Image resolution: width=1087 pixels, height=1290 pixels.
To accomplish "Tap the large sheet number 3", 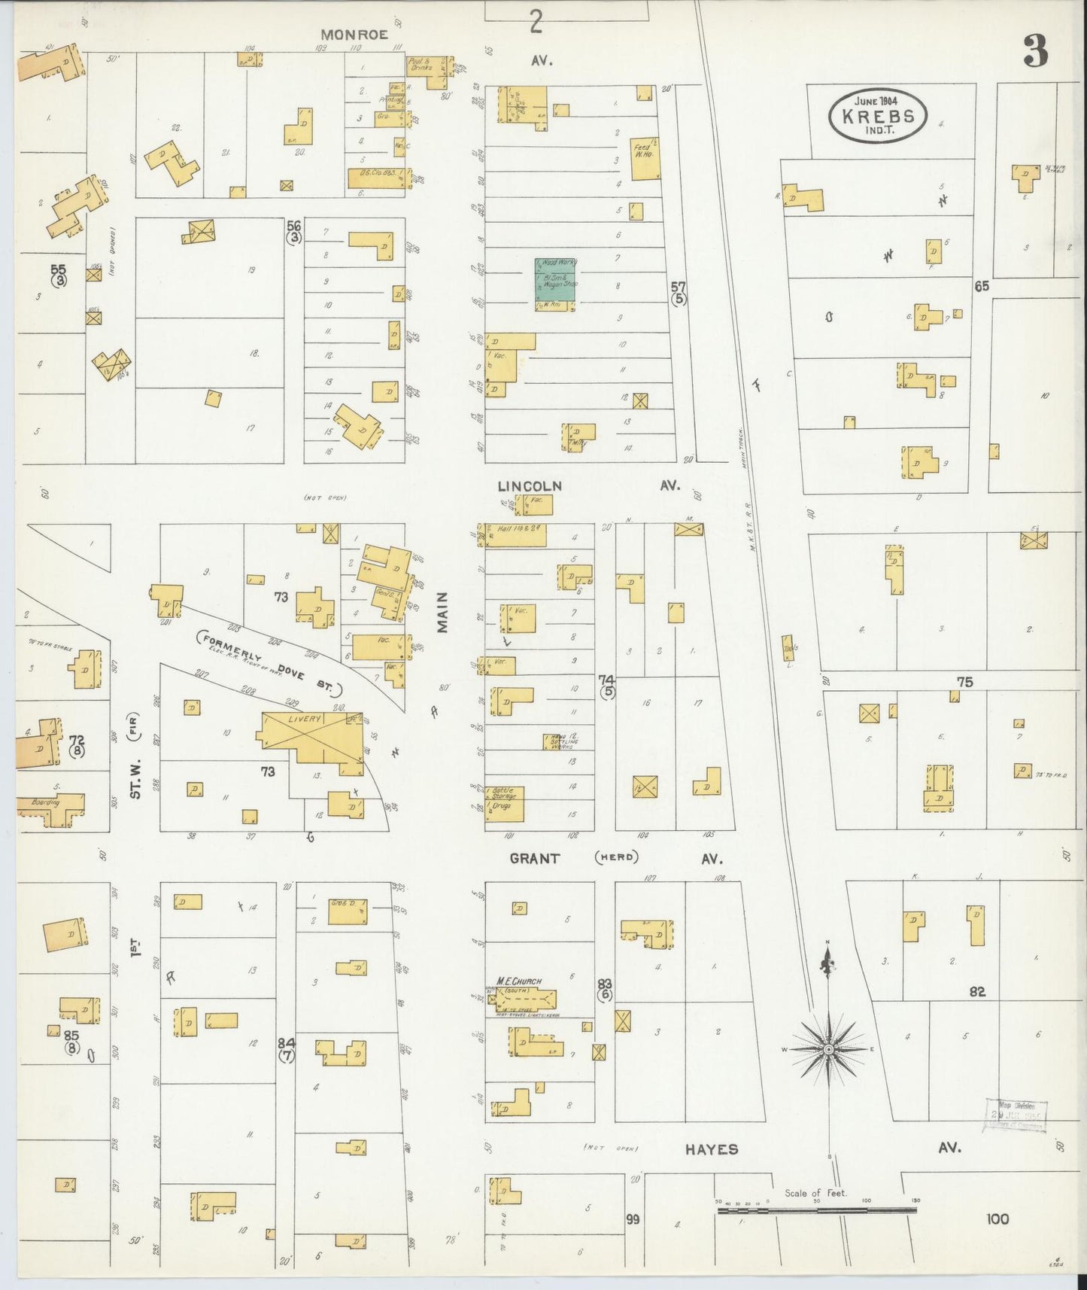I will pos(1035,52).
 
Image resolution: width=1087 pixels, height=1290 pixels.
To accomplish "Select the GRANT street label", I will pos(535,858).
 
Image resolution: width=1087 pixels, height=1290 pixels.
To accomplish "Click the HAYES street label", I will pos(711,1149).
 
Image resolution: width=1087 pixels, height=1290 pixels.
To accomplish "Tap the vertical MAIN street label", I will pos(442,612).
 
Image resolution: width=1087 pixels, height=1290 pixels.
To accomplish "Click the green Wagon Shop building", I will pos(556,284).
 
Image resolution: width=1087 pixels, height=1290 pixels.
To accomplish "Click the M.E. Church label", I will pos(520,981).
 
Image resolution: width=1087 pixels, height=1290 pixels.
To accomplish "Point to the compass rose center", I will pos(827,1050).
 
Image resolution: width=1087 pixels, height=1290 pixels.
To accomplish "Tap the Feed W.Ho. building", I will pos(645,158).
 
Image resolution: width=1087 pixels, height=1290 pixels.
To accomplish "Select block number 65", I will pos(980,287).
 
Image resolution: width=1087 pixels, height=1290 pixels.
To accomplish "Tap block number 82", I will pos(977,992).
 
